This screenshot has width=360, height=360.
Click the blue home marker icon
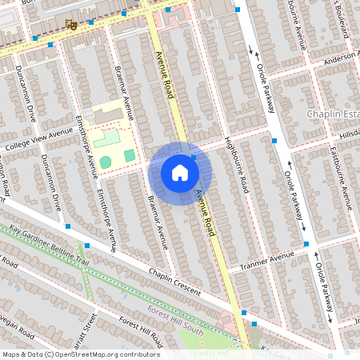click(180, 173)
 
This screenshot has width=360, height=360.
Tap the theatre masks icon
click(71, 25)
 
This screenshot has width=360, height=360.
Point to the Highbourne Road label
click(238, 165)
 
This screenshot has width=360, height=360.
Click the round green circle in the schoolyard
click(106, 162)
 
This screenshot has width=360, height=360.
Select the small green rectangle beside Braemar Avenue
click(129, 154)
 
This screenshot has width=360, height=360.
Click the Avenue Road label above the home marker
click(165, 77)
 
